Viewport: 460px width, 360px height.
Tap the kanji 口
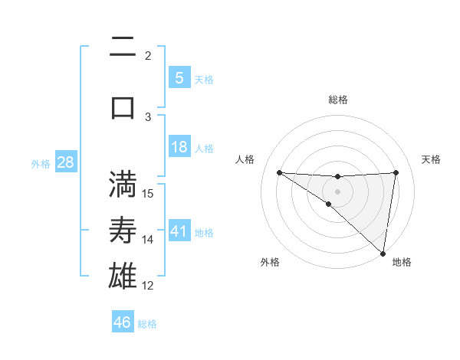click(x=123, y=107)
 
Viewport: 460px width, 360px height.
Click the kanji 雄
click(x=123, y=276)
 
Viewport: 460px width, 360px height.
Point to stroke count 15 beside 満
click(x=149, y=193)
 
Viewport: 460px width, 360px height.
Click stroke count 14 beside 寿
click(x=149, y=240)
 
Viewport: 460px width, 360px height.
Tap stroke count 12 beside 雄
click(x=149, y=286)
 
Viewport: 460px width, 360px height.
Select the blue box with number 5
click(x=179, y=77)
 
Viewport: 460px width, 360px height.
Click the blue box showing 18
click(x=179, y=147)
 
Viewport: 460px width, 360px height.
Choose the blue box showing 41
click(x=179, y=231)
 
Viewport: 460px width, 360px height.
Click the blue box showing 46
click(x=123, y=322)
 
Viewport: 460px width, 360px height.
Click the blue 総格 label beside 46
click(x=147, y=324)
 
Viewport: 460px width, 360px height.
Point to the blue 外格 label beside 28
click(x=41, y=163)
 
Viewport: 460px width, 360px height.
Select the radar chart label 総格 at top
click(x=338, y=100)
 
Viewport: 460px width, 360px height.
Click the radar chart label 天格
click(x=432, y=159)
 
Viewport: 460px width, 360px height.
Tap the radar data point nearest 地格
click(x=383, y=253)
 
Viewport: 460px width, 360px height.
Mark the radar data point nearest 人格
click(x=279, y=172)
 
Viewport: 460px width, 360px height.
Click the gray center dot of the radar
click(x=338, y=190)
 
